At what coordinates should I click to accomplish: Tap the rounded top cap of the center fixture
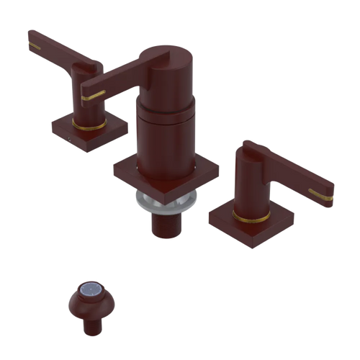164,55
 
